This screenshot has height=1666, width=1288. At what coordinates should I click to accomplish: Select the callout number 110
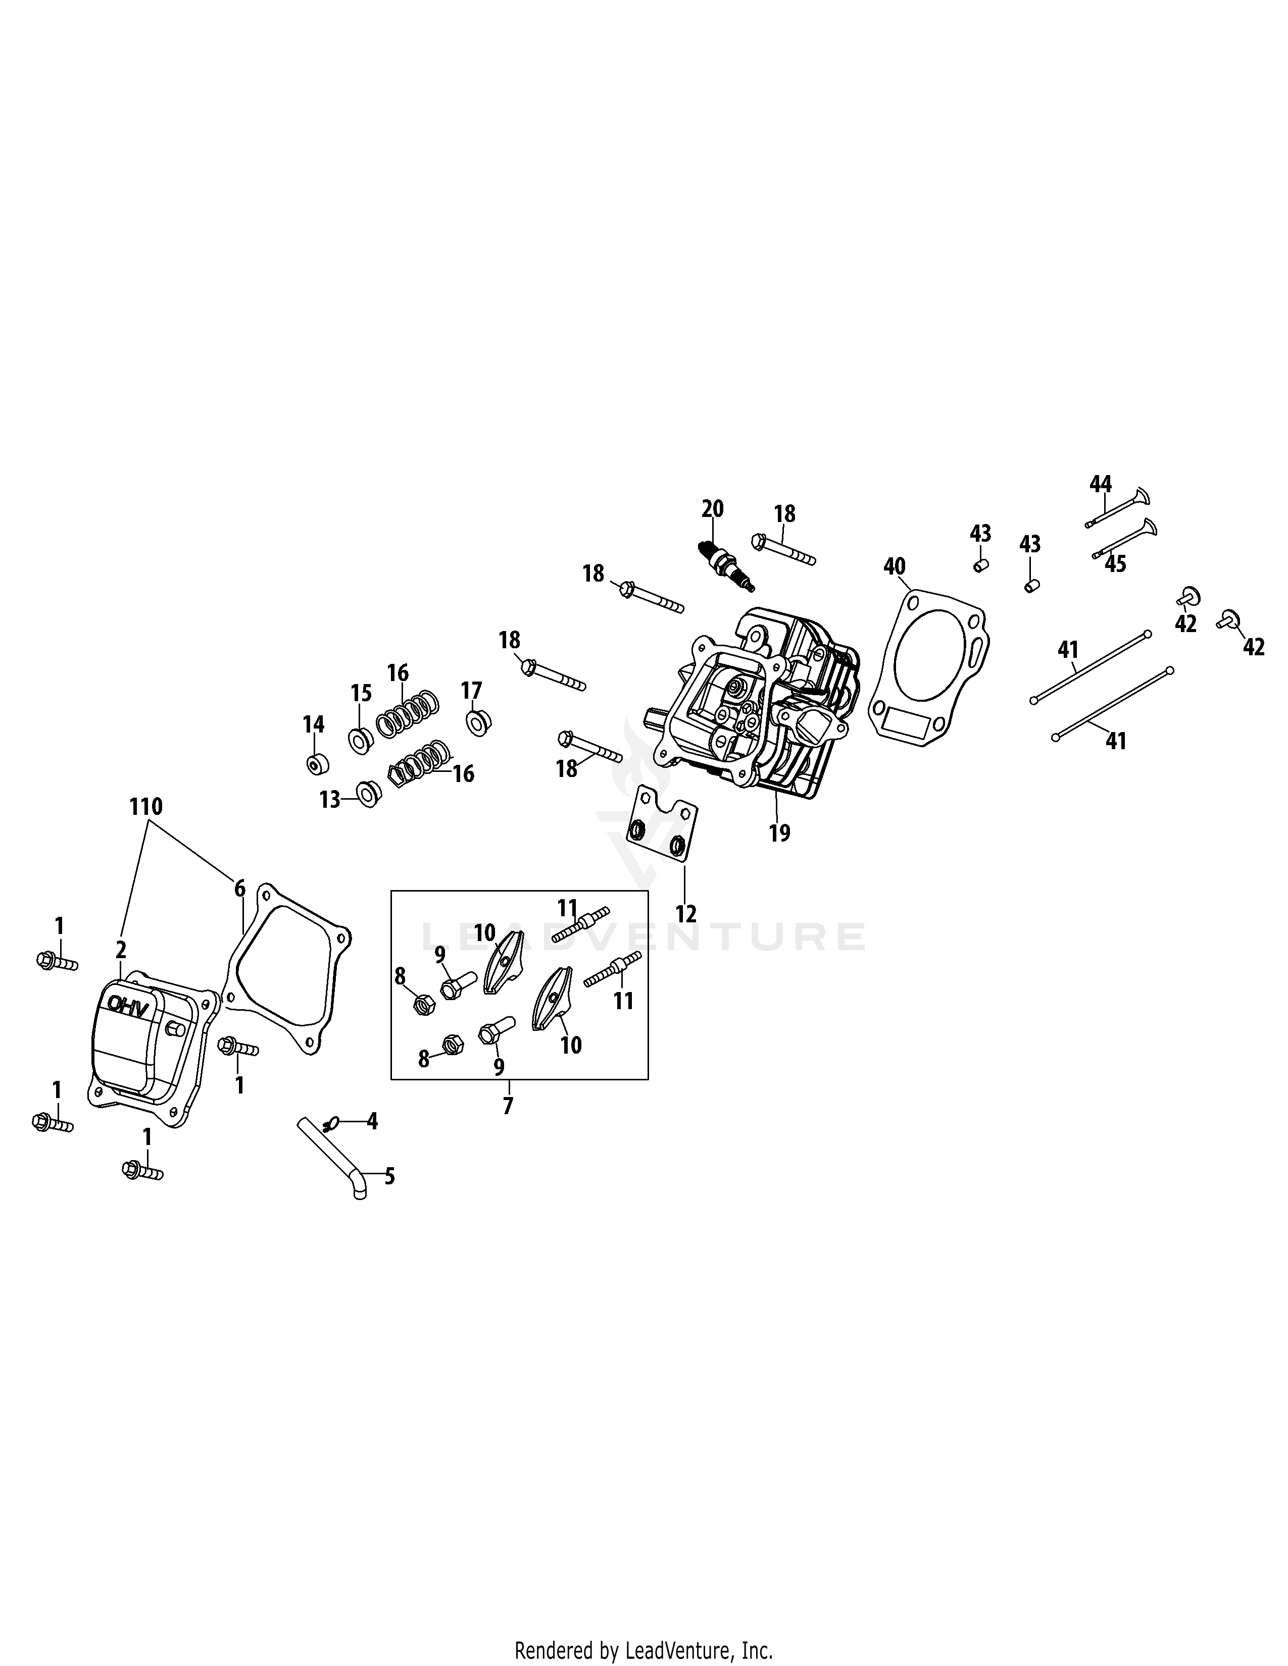point(146,806)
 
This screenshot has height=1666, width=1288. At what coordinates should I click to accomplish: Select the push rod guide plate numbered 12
point(662,827)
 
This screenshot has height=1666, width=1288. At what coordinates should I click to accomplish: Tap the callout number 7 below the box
point(508,1105)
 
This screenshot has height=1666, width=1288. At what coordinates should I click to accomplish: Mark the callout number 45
point(1116,564)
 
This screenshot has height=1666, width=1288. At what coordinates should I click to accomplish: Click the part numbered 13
point(369,794)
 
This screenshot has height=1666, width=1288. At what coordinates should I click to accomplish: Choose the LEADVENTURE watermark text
point(643,936)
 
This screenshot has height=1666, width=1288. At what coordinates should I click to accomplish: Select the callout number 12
point(686,913)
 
